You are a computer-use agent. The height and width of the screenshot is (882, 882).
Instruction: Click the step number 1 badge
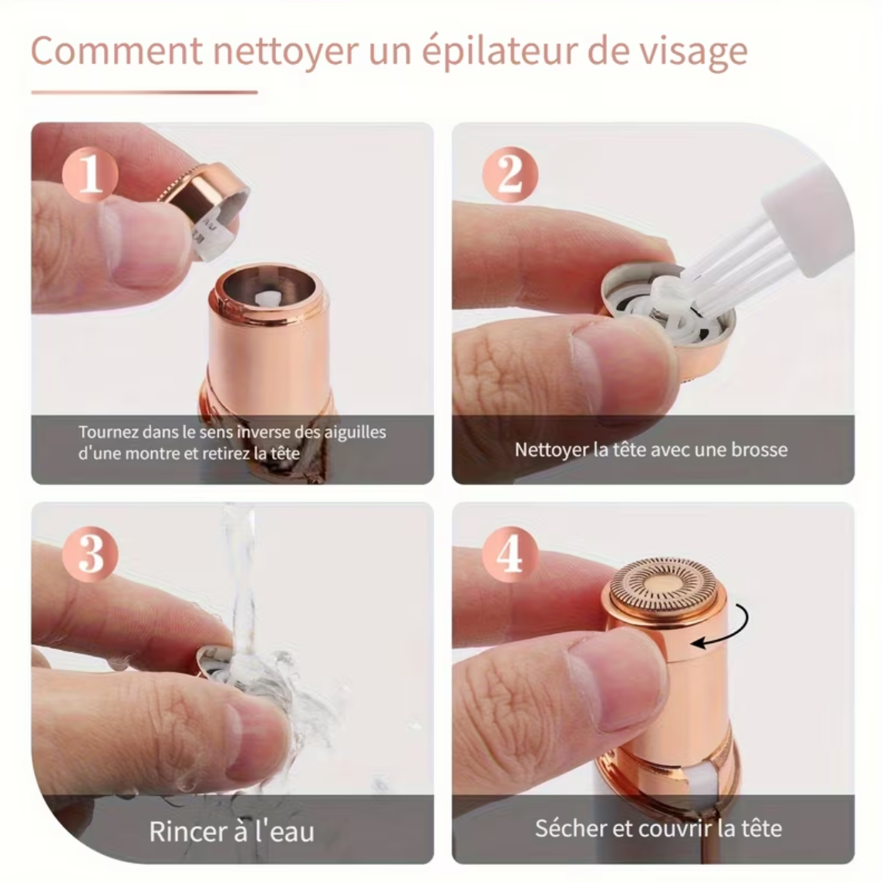click(x=90, y=173)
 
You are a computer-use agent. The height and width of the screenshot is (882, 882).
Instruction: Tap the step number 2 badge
click(x=510, y=173)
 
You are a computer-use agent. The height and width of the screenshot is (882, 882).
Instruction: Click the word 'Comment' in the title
click(x=115, y=52)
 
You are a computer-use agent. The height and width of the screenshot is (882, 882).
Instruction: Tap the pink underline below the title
click(x=144, y=93)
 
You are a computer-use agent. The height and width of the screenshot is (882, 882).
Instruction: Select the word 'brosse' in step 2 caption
click(x=759, y=449)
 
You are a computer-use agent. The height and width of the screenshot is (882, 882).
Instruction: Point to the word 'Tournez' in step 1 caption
click(x=108, y=432)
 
